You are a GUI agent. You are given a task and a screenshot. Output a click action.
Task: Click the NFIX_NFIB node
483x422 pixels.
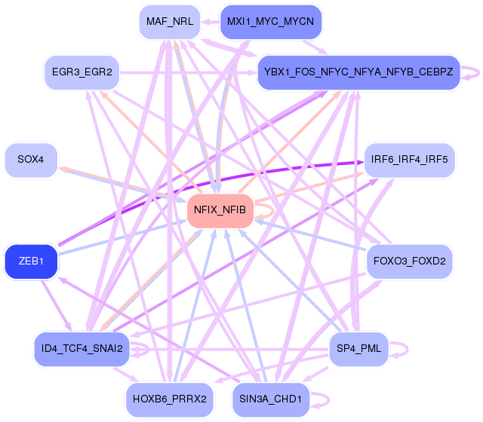tap(220, 210)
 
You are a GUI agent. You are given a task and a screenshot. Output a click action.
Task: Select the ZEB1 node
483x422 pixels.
tap(31, 262)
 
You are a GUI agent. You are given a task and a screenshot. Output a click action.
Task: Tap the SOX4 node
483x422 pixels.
tap(31, 160)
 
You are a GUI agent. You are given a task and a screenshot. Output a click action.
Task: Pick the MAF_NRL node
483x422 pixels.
tap(170, 22)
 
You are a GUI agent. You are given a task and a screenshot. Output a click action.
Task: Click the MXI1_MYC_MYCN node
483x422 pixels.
tap(270, 22)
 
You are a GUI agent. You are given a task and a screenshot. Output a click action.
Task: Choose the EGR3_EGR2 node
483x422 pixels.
tap(82, 72)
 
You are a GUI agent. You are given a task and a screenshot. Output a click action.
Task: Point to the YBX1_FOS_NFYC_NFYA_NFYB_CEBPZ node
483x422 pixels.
tap(358, 72)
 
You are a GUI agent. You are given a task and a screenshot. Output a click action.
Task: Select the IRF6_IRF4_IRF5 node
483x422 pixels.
tap(410, 160)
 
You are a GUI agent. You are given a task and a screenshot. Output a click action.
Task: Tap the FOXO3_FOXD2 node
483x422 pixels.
tap(409, 262)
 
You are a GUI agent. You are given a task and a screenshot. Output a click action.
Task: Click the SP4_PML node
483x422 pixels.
tap(359, 349)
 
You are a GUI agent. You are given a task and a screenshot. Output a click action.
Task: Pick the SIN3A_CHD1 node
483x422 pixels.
tap(270, 399)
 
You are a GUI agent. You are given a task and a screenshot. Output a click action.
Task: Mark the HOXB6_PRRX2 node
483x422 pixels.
tap(170, 399)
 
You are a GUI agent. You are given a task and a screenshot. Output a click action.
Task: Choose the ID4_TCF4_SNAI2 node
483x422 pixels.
tap(82, 349)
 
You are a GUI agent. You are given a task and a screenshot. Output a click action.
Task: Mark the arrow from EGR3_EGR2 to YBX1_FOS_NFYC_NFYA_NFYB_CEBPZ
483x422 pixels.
tap(189, 72)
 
